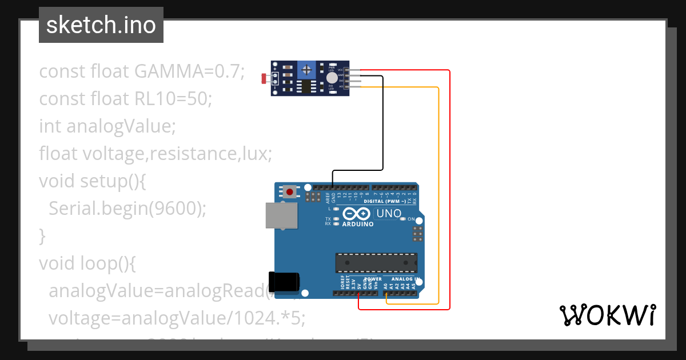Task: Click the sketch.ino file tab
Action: (x=101, y=25)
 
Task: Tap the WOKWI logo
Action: (x=607, y=315)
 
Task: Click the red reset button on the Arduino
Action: (x=290, y=192)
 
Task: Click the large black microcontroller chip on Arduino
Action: (x=376, y=262)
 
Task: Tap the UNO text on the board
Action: (x=389, y=214)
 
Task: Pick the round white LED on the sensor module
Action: (x=332, y=78)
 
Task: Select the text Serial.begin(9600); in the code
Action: (x=127, y=208)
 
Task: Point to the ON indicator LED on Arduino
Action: (x=403, y=219)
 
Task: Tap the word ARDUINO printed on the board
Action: (x=358, y=225)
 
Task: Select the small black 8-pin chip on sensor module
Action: (x=307, y=86)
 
